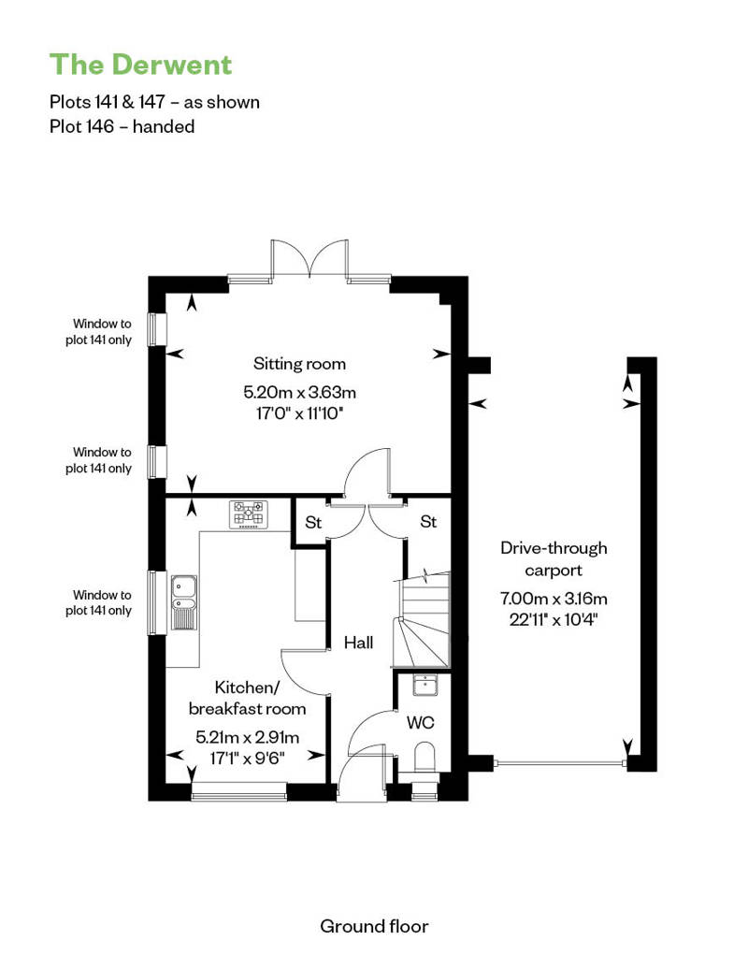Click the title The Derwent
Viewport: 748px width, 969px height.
click(141, 65)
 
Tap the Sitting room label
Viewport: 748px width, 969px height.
click(299, 363)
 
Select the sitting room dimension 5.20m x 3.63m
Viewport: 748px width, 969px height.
click(299, 393)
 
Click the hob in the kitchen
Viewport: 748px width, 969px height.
click(249, 514)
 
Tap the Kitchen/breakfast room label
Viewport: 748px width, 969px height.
click(247, 698)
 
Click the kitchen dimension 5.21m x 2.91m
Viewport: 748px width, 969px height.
click(247, 737)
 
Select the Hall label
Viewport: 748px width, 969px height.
click(358, 643)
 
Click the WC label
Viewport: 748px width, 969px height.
click(420, 722)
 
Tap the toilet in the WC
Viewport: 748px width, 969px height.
click(424, 759)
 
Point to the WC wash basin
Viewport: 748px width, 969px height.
click(425, 685)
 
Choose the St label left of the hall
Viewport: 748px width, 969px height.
click(313, 523)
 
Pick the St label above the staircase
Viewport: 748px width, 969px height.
click(428, 522)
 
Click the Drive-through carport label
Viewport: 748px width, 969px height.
click(554, 558)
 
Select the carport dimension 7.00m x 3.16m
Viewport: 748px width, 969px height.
click(554, 599)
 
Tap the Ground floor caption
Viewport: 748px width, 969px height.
click(374, 926)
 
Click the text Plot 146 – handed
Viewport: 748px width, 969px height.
click(122, 126)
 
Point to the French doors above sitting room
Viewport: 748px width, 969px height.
click(309, 260)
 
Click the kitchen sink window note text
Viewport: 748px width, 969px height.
click(99, 602)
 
